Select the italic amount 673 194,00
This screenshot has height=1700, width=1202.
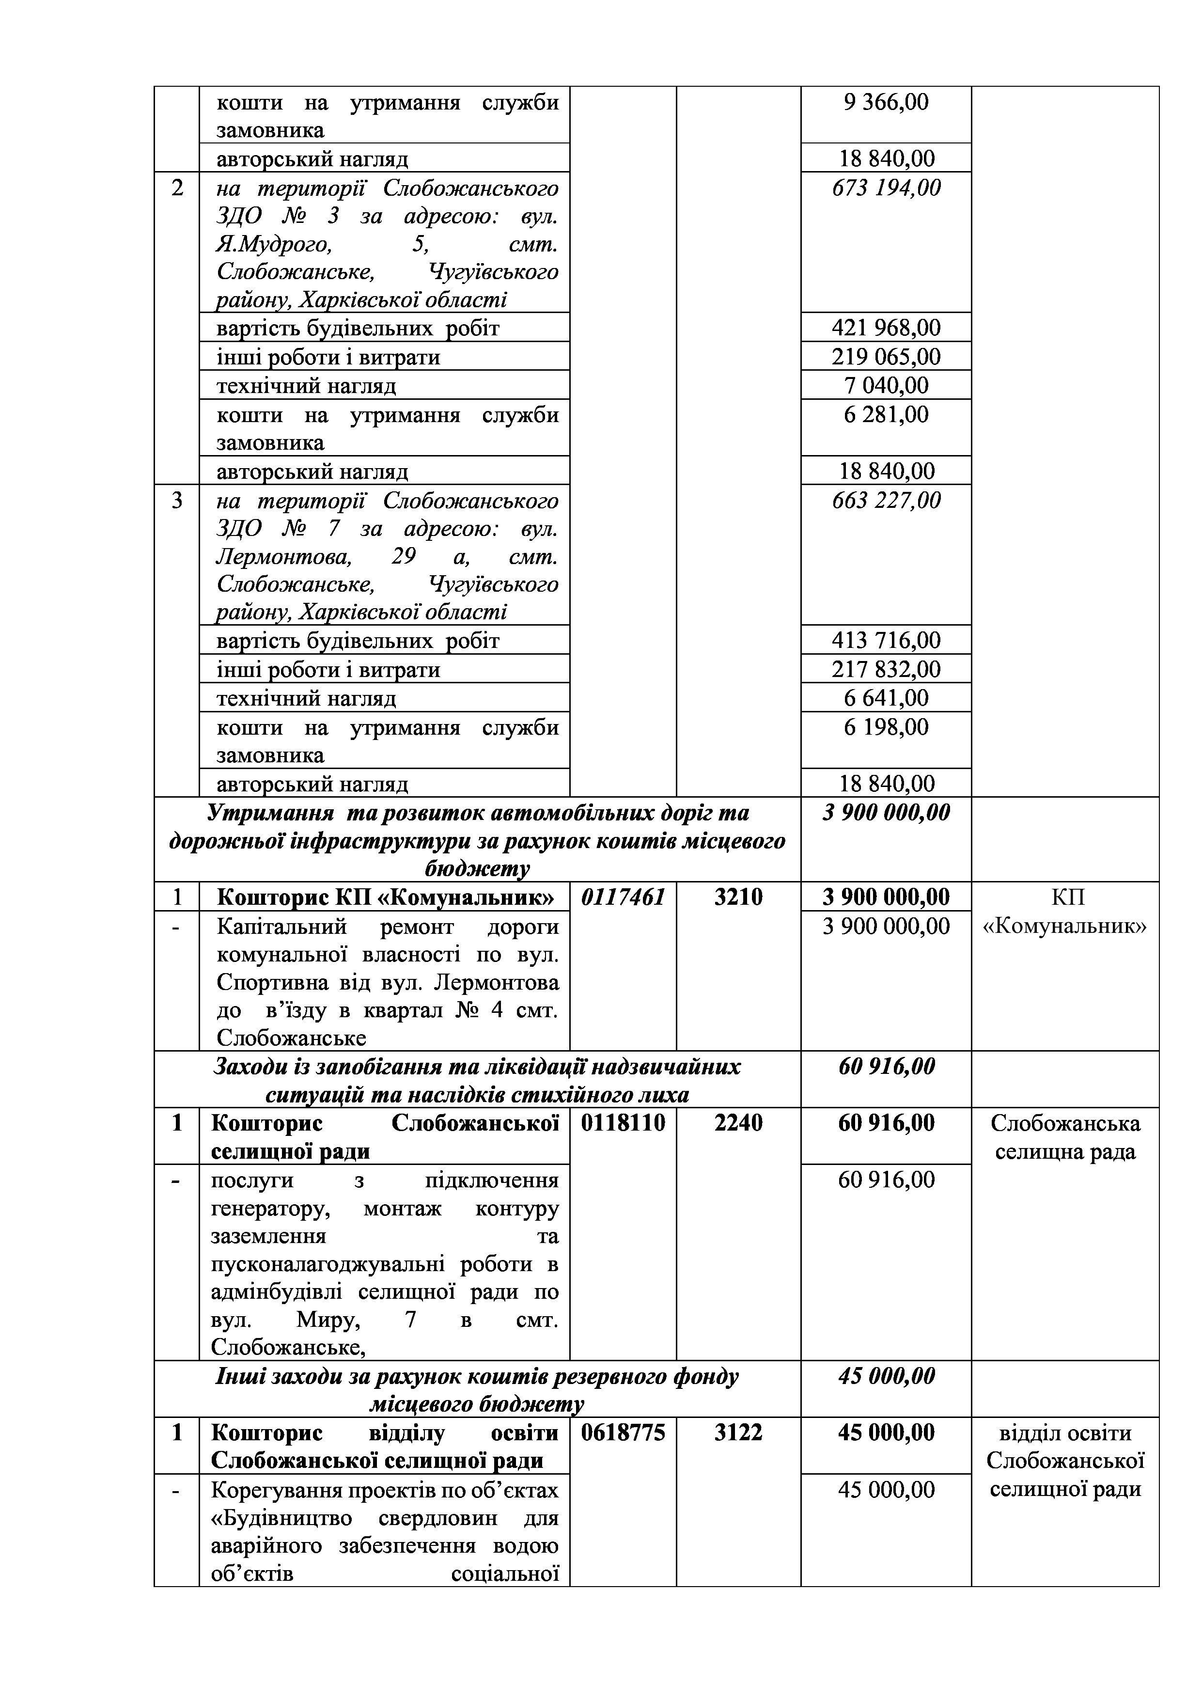[886, 188]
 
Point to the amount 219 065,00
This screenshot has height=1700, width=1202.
[886, 357]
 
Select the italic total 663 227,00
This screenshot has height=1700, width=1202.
[886, 501]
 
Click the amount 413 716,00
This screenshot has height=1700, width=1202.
[886, 641]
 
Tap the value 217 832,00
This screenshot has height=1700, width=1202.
[886, 669]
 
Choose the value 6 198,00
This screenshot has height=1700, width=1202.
[886, 727]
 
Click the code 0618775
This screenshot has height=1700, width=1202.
[623, 1432]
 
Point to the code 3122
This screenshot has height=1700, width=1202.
[738, 1432]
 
